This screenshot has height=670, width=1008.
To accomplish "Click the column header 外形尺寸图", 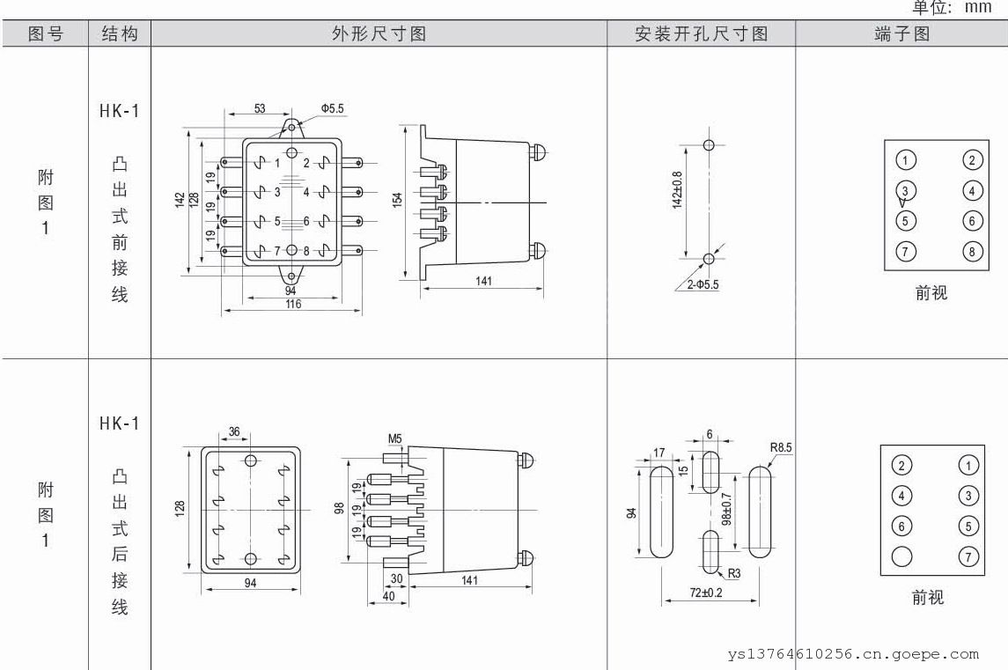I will coord(379,34).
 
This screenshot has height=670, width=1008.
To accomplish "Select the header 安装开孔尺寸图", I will coord(701,34).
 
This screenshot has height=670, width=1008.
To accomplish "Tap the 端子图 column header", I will coord(901,34).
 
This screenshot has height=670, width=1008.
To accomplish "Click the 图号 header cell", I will coord(46,34).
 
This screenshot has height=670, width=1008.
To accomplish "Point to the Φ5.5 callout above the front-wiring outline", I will coord(332,108).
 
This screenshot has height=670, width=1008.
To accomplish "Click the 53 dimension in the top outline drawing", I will coord(260,108).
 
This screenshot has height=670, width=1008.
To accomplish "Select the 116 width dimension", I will coord(292,304).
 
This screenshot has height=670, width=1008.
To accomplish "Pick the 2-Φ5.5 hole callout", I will coord(698,284).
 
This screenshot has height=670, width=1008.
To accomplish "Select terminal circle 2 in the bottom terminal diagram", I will coord(902,466).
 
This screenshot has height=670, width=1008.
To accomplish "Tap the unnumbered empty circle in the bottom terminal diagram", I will coord(902,556).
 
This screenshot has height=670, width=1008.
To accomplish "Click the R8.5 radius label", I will coord(781,447).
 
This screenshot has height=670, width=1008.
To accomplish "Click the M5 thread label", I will coord(395,438).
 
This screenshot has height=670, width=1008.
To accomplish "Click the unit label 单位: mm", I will coord(953,8).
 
